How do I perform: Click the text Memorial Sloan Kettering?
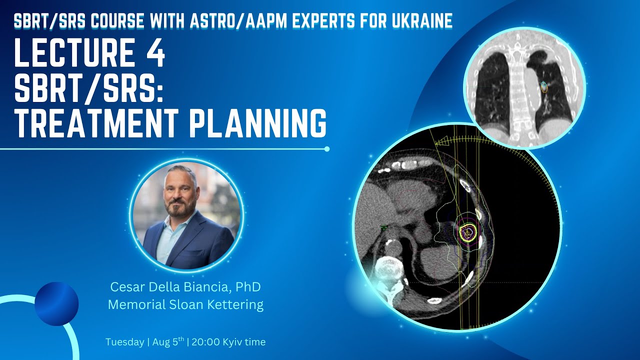pos(185,304)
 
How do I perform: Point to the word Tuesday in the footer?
pos(124,342)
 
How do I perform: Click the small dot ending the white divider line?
pos(327,148)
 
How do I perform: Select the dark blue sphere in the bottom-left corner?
pos(56,304)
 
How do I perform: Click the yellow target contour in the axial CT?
pos(467,231)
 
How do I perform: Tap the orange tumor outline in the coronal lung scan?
pos(544,87)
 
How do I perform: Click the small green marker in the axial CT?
pos(384,228)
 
